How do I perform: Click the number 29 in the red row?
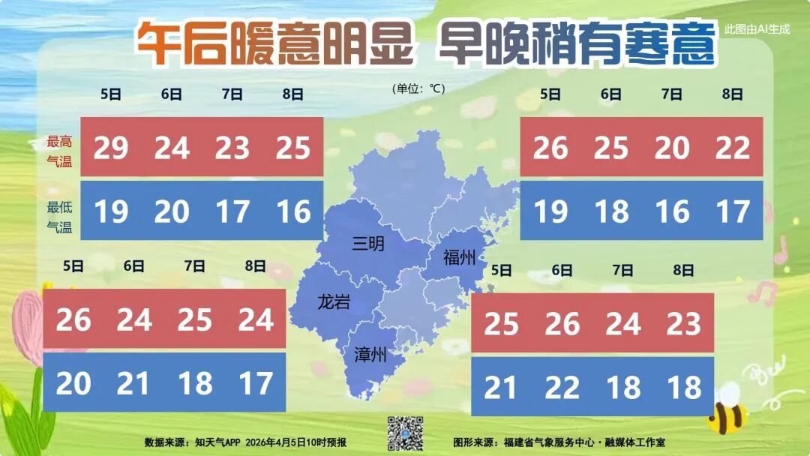point(111,148)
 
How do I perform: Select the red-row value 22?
point(733,148)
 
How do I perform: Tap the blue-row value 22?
point(562,388)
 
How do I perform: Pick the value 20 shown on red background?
point(672,148)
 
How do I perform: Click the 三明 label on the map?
point(368,243)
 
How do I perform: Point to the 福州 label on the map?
point(459,258)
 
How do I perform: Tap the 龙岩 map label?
point(334,302)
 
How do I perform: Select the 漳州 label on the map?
point(370,354)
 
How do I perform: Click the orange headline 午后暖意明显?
point(274,42)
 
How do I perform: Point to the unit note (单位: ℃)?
point(418,88)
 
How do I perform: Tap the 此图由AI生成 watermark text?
point(757,29)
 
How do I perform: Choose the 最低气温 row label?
point(59,217)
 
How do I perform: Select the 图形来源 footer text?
point(559,442)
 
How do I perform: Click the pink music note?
point(781,250)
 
